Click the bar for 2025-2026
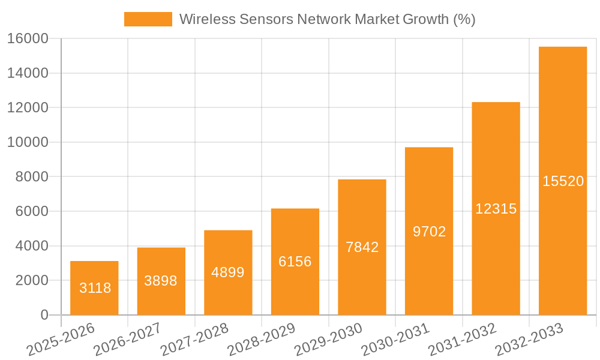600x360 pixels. pyautogui.click(x=94, y=288)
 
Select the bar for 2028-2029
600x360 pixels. pyautogui.click(x=295, y=262)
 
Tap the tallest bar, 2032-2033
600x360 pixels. pyautogui.click(x=563, y=180)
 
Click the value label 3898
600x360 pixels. pyautogui.click(x=161, y=280)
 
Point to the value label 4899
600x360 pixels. pyautogui.click(x=228, y=272)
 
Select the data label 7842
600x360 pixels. pyautogui.click(x=362, y=247)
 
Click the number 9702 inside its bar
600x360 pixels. pyautogui.click(x=429, y=231)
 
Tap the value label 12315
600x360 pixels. pyautogui.click(x=496, y=208)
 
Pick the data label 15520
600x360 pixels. pyautogui.click(x=563, y=181)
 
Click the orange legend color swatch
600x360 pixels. pyautogui.click(x=148, y=19)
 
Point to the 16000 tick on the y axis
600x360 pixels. pyautogui.click(x=28, y=39)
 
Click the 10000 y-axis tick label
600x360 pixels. pyautogui.click(x=28, y=143)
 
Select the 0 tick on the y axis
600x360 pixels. pyautogui.click(x=44, y=315)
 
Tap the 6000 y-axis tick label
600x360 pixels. pyautogui.click(x=32, y=212)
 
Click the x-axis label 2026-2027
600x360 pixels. pyautogui.click(x=127, y=339)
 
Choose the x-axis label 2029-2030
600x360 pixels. pyautogui.click(x=328, y=339)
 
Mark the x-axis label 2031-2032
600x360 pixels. pyautogui.click(x=462, y=339)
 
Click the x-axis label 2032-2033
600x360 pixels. pyautogui.click(x=529, y=339)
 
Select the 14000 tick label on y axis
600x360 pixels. pyautogui.click(x=28, y=73)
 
